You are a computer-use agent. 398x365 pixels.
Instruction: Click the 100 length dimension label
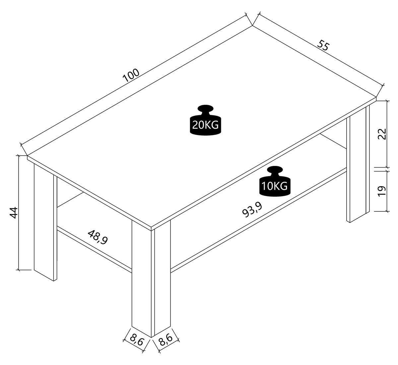click(x=131, y=75)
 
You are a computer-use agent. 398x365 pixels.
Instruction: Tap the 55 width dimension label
click(x=323, y=46)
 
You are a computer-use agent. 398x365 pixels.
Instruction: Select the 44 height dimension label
click(x=14, y=213)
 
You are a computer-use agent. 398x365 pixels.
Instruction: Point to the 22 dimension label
click(x=382, y=134)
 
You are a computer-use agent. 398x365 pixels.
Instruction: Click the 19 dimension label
click(x=382, y=191)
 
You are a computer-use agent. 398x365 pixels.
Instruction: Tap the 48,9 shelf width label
click(x=98, y=237)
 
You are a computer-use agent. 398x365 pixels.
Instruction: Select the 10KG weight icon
click(x=275, y=181)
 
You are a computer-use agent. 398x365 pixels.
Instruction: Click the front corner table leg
click(x=151, y=278)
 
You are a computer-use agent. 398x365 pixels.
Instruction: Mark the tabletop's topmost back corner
click(x=252, y=26)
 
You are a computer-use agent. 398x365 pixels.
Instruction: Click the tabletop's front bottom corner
click(x=151, y=231)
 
